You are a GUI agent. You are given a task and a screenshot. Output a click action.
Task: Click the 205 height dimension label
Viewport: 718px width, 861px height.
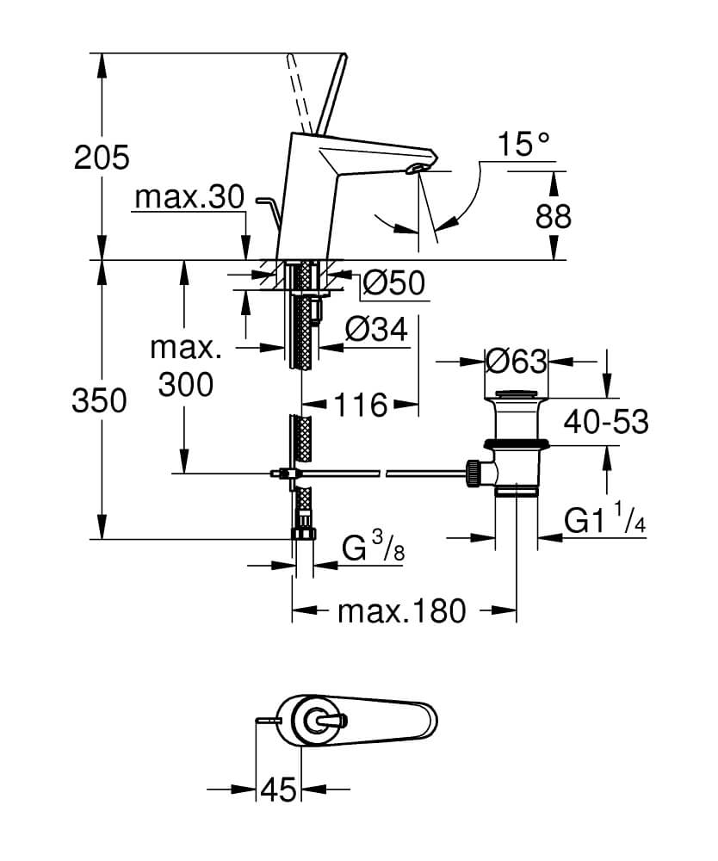102,158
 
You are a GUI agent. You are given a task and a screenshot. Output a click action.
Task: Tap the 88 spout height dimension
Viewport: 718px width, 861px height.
552,216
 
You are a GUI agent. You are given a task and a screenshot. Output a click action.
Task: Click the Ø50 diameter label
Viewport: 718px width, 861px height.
393,282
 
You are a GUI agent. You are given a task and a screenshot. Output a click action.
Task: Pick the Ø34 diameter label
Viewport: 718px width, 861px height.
374,329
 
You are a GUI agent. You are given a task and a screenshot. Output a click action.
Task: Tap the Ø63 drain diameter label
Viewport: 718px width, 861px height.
517,361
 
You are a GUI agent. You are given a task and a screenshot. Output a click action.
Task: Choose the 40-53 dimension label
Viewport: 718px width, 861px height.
606,422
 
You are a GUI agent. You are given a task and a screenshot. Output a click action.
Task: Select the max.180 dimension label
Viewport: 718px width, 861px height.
401,611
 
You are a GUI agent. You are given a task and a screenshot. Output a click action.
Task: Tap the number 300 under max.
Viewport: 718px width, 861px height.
186,385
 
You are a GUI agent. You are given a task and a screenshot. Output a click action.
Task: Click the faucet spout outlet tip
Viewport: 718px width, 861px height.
418,166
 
